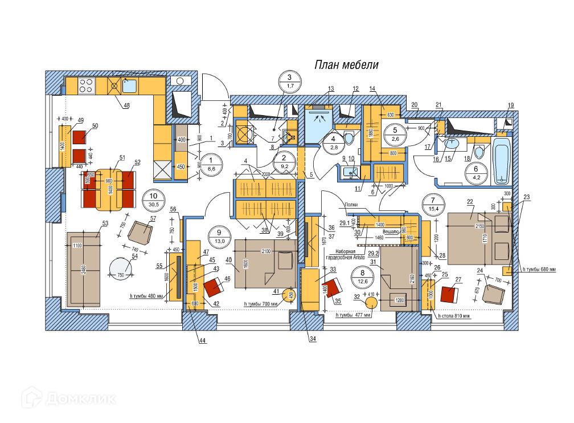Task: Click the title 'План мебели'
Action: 346,64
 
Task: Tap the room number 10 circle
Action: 153,198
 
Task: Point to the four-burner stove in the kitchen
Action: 86,86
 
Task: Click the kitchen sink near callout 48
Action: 129,86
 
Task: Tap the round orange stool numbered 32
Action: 371,303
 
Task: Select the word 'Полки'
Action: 352,204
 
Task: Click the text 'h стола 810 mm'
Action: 453,316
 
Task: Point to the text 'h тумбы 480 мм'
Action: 146,296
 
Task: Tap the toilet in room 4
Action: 348,137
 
